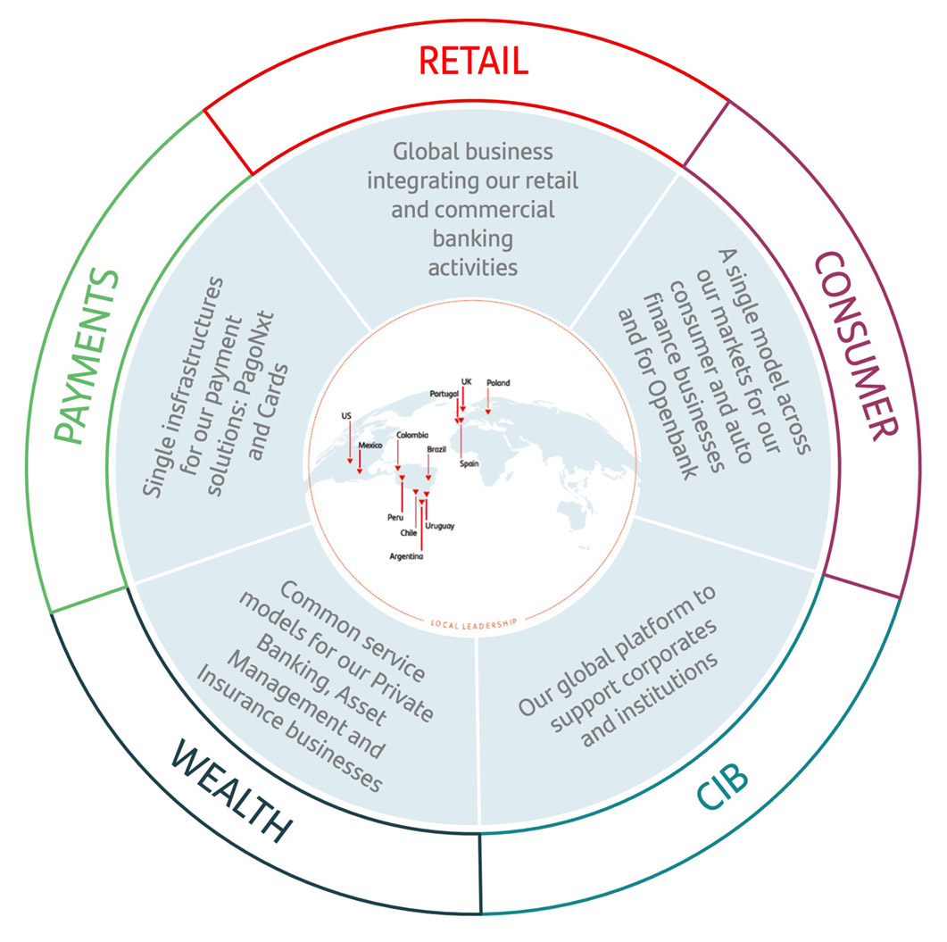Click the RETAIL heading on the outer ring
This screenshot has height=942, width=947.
[x=474, y=62]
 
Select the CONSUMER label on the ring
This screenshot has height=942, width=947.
[x=855, y=344]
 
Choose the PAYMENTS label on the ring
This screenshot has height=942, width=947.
[x=86, y=356]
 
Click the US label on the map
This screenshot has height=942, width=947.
[x=346, y=416]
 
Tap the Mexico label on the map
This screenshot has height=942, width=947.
[x=370, y=445]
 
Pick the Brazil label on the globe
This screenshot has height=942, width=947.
[x=436, y=450]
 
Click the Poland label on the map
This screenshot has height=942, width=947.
[x=498, y=383]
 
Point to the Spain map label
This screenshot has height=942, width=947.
[x=469, y=464]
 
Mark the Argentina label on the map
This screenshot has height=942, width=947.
[x=407, y=556]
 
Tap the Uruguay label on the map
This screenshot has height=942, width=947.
[x=441, y=526]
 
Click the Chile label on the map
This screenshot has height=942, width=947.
[x=409, y=533]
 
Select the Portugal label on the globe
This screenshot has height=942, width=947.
[x=444, y=393]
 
